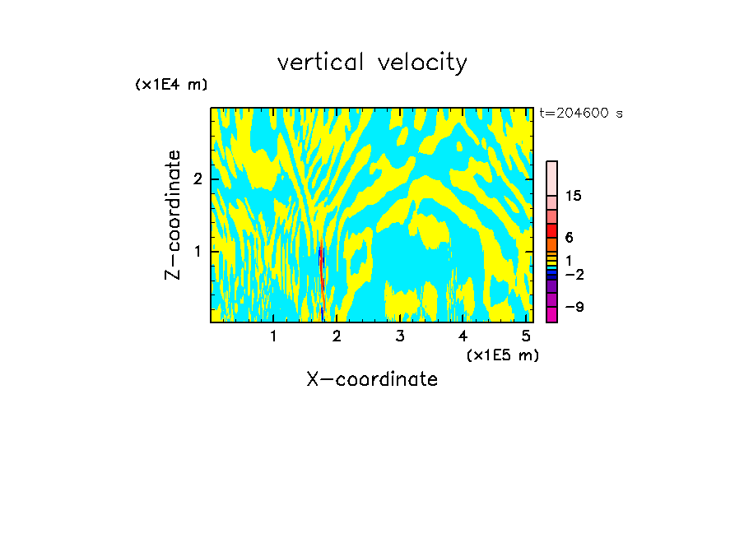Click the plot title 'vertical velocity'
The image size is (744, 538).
(x=372, y=63)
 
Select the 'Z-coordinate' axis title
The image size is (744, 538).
(x=173, y=215)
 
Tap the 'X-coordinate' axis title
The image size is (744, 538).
(x=372, y=379)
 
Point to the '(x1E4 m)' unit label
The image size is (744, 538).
(x=171, y=85)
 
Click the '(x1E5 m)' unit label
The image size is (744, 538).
(x=502, y=355)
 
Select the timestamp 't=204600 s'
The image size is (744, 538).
(x=581, y=114)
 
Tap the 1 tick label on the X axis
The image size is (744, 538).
(x=273, y=336)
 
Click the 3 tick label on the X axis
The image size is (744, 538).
(x=399, y=336)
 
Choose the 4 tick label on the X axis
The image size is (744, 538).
(x=463, y=336)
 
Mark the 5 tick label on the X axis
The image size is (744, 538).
(x=526, y=336)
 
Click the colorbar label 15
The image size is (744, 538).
(x=574, y=196)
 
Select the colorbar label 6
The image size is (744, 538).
(x=570, y=237)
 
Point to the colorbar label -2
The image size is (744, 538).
(x=574, y=275)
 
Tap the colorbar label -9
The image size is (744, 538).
(x=574, y=307)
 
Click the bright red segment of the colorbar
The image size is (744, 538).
(x=551, y=230)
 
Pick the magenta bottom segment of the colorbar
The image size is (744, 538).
(x=551, y=314)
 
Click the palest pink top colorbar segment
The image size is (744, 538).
(x=551, y=178)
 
